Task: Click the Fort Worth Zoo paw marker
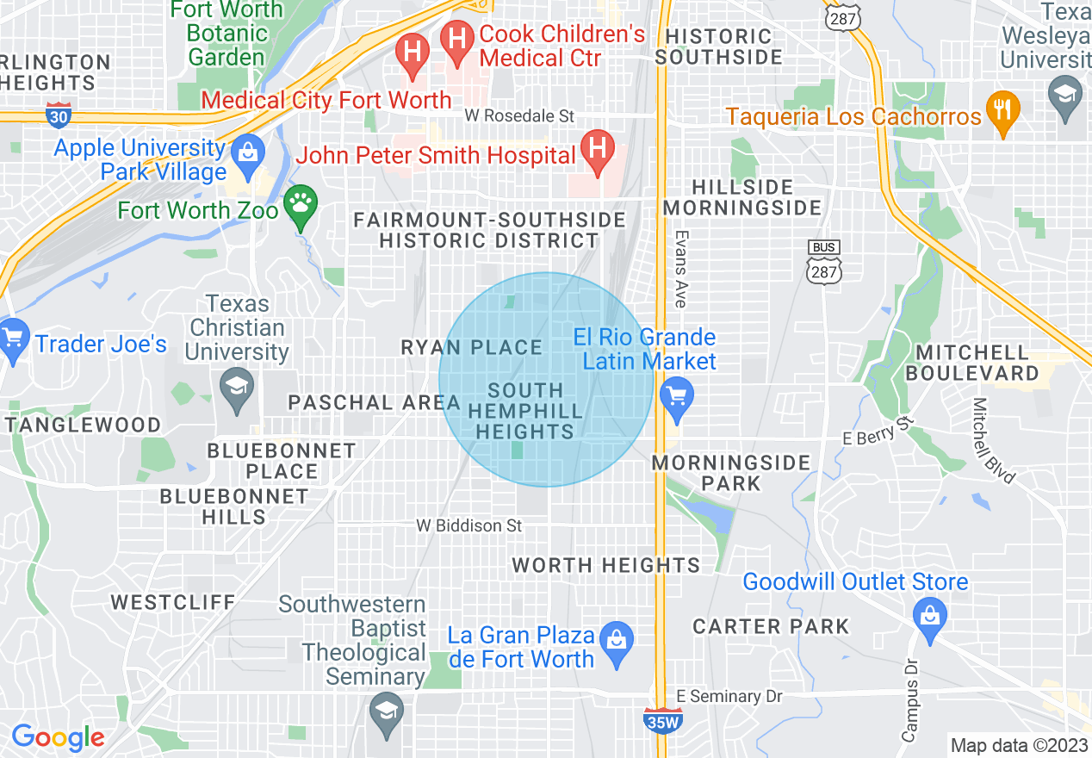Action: pyautogui.click(x=301, y=204)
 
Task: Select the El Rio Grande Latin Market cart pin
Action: pyautogui.click(x=676, y=397)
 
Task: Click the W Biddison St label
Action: pyautogui.click(x=468, y=525)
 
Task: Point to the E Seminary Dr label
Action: pyautogui.click(x=718, y=696)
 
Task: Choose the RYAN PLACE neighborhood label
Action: pyautogui.click(x=472, y=348)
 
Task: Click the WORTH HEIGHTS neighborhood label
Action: pyautogui.click(x=606, y=566)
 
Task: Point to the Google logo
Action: pyautogui.click(x=58, y=737)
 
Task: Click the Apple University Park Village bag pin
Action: pyautogui.click(x=248, y=152)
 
